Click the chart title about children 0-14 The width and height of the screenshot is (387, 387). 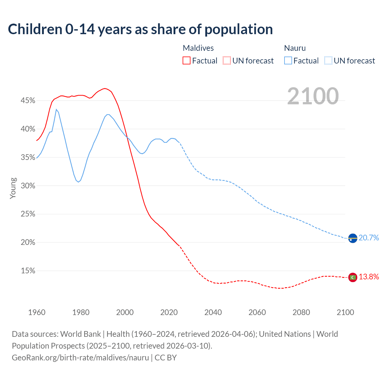(140, 29)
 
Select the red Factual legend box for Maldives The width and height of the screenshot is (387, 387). (187, 61)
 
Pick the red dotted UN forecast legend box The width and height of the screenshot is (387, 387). (227, 61)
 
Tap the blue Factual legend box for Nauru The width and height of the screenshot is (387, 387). (288, 61)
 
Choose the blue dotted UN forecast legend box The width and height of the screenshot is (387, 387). (328, 61)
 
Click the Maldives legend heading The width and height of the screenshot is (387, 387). (198, 48)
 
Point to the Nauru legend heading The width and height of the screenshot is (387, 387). (295, 48)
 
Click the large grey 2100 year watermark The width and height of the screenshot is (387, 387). (313, 96)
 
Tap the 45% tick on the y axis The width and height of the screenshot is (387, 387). (28, 100)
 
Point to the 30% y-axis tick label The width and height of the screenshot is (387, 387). (28, 186)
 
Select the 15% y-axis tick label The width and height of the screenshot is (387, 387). (28, 271)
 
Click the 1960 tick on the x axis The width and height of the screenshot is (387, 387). (37, 312)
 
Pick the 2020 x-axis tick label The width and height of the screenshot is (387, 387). (169, 312)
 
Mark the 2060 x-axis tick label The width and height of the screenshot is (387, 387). (257, 312)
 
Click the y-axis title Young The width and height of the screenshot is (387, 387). (13, 188)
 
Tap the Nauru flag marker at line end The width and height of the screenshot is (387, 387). (353, 238)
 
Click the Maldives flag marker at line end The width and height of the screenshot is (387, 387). (353, 277)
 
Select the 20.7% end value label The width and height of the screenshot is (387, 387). (369, 238)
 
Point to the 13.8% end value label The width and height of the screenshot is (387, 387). (369, 277)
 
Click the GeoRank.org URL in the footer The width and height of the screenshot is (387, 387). (80, 358)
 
